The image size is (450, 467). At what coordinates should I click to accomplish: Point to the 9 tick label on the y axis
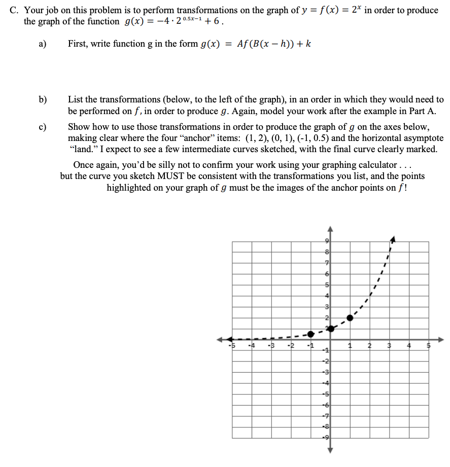pos(327,240)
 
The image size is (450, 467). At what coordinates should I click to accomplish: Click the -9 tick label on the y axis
pos(327,437)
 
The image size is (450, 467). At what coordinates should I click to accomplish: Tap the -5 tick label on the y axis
pos(327,394)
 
